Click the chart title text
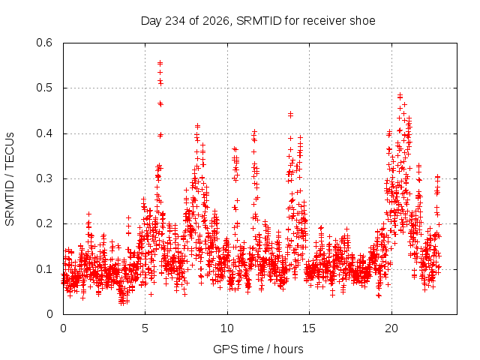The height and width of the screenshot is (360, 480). tap(258, 21)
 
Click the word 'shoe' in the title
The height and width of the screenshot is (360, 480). tap(364, 21)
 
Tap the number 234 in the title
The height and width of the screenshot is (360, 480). tap(175, 21)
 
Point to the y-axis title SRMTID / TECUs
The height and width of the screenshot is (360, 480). tap(10, 179)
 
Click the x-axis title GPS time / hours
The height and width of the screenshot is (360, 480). tap(258, 349)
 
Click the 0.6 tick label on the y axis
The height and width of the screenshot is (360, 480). tap(44, 43)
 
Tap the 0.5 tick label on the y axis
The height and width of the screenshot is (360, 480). tap(44, 88)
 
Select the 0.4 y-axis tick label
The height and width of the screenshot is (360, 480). tap(44, 133)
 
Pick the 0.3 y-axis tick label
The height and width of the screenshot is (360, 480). tap(44, 178)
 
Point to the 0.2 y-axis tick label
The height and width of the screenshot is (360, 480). tap(44, 223)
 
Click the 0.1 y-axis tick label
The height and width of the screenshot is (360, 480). tap(44, 269)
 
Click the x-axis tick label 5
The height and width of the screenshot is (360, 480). tap(145, 328)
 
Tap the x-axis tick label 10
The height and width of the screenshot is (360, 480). tap(227, 328)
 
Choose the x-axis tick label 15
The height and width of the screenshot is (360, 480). tap(309, 328)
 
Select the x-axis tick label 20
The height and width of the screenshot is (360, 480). tap(391, 328)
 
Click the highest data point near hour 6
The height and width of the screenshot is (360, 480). tap(160, 63)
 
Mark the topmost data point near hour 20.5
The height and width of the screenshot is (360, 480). tap(400, 95)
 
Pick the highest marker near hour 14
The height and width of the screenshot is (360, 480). tap(290, 114)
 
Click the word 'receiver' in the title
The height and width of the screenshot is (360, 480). tap(325, 21)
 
